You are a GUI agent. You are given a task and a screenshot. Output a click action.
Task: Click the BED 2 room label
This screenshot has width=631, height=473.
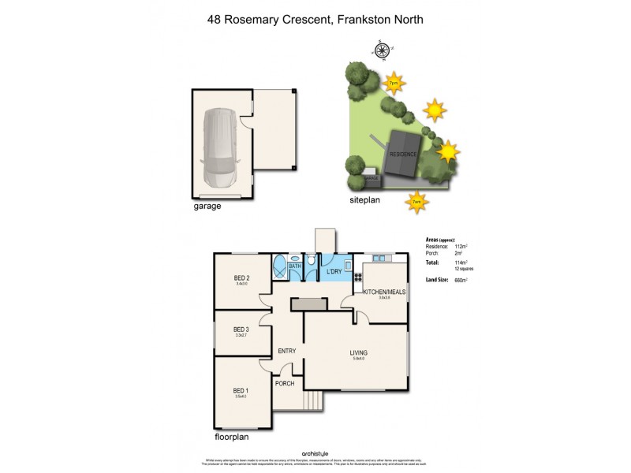(241, 278)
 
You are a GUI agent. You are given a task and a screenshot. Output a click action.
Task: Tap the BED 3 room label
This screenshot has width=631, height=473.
(241, 330)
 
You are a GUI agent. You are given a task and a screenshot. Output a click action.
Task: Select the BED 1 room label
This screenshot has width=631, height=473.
(241, 390)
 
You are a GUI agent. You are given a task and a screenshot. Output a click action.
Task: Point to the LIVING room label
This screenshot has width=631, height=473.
(359, 353)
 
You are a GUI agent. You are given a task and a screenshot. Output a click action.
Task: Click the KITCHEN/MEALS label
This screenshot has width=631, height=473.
(384, 292)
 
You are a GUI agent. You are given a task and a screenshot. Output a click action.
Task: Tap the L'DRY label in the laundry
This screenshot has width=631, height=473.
(334, 272)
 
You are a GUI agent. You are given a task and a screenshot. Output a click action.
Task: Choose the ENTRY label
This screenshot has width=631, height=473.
(286, 352)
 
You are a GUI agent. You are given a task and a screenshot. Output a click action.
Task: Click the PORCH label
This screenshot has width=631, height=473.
(284, 384)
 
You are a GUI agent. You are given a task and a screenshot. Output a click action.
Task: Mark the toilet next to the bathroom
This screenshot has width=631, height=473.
(312, 261)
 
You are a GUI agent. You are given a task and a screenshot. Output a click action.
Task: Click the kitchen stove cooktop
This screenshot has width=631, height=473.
(358, 277)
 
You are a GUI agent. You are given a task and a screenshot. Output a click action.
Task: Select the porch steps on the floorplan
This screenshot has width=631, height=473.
(313, 401)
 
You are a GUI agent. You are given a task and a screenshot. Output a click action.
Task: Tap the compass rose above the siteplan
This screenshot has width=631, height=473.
(382, 52)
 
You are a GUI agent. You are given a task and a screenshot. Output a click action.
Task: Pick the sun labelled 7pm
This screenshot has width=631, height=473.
(394, 83)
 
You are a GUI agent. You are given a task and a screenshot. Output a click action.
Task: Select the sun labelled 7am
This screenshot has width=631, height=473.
(416, 201)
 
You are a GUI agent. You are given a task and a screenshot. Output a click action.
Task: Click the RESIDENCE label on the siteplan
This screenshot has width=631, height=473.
(402, 155)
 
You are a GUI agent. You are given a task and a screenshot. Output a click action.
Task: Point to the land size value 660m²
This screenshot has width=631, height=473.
(456, 280)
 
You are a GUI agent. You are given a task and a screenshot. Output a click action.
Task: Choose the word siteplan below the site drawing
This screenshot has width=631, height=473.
(365, 202)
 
